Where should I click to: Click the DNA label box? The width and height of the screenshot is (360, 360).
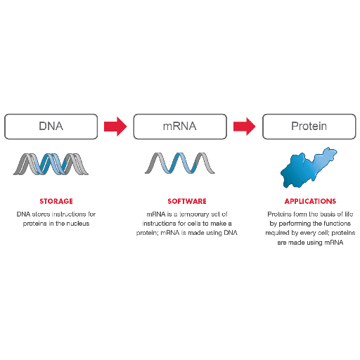tap(51, 127)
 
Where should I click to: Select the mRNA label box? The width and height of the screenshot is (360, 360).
tap(180, 127)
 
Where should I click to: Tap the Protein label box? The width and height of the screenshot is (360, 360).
tap(309, 127)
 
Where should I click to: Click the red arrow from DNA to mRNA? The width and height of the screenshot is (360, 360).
tap(115, 127)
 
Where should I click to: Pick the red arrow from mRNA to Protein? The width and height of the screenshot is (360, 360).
tap(245, 127)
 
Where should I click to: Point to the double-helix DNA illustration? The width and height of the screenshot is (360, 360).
tap(51, 164)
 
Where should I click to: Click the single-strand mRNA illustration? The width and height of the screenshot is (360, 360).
tap(180, 163)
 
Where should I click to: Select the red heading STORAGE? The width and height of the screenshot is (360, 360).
tap(56, 201)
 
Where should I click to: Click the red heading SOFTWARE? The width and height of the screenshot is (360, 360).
tap(187, 201)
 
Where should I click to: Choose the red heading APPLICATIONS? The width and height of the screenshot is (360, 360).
tap(310, 201)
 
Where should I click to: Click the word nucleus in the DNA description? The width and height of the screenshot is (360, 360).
tap(78, 224)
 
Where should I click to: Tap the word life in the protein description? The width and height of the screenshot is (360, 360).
tap(349, 214)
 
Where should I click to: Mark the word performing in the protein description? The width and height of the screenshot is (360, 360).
tap(292, 224)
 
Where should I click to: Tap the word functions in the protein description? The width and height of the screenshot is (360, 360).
tap(337, 224)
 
